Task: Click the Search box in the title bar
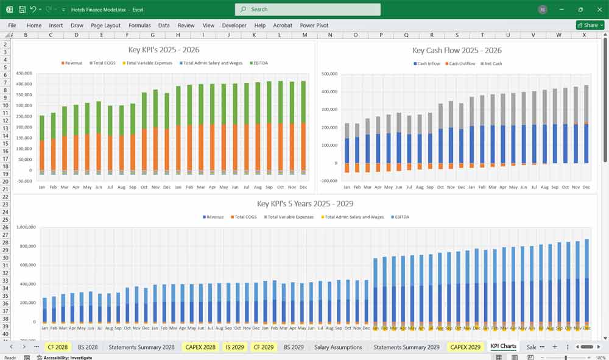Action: pyautogui.click(x=308, y=9)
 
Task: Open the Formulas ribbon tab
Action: pyautogui.click(x=139, y=26)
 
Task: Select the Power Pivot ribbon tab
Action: pyautogui.click(x=314, y=26)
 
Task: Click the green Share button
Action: pyautogui.click(x=590, y=25)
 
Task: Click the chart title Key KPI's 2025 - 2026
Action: pyautogui.click(x=163, y=50)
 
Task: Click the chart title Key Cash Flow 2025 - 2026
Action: pyautogui.click(x=457, y=51)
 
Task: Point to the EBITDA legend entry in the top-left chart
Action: pyautogui.click(x=257, y=63)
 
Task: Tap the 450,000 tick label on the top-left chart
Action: pyautogui.click(x=24, y=73)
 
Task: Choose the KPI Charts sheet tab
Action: pyautogui.click(x=503, y=347)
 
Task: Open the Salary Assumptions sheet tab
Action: pyautogui.click(x=338, y=347)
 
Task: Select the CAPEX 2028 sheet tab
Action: pyautogui.click(x=200, y=347)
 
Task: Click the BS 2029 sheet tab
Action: pyautogui.click(x=294, y=347)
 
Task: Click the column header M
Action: pyautogui.click(x=304, y=35)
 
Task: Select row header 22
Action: pyautogui.click(x=5, y=196)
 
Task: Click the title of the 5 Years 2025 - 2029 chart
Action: pyautogui.click(x=304, y=203)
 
